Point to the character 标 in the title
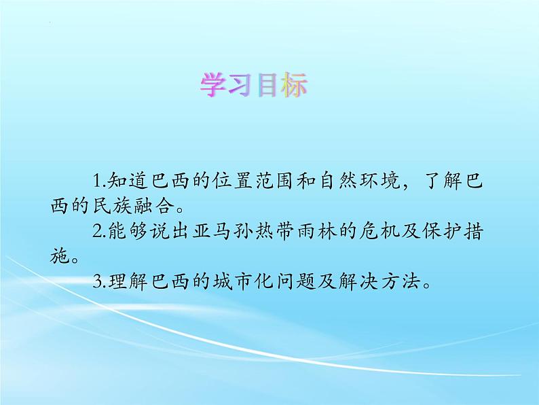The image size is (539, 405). (x=293, y=85)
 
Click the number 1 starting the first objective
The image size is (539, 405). (x=97, y=181)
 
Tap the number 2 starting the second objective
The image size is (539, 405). (x=97, y=231)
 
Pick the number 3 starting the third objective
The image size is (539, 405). (x=97, y=282)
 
